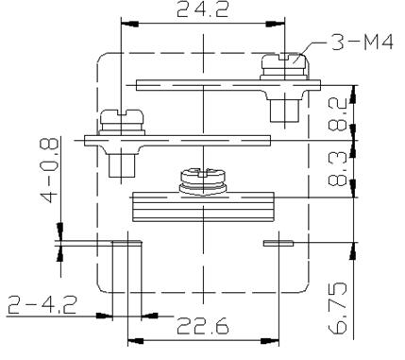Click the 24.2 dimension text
coord(203,9)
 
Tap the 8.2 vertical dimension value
coord(338,114)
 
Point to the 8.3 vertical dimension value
coord(338,167)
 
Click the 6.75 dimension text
coord(338,308)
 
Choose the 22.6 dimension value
coord(203,326)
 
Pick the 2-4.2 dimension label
coord(42,305)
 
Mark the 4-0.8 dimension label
coord(50,170)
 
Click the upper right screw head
coord(284,61)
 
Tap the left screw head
coord(122,116)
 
